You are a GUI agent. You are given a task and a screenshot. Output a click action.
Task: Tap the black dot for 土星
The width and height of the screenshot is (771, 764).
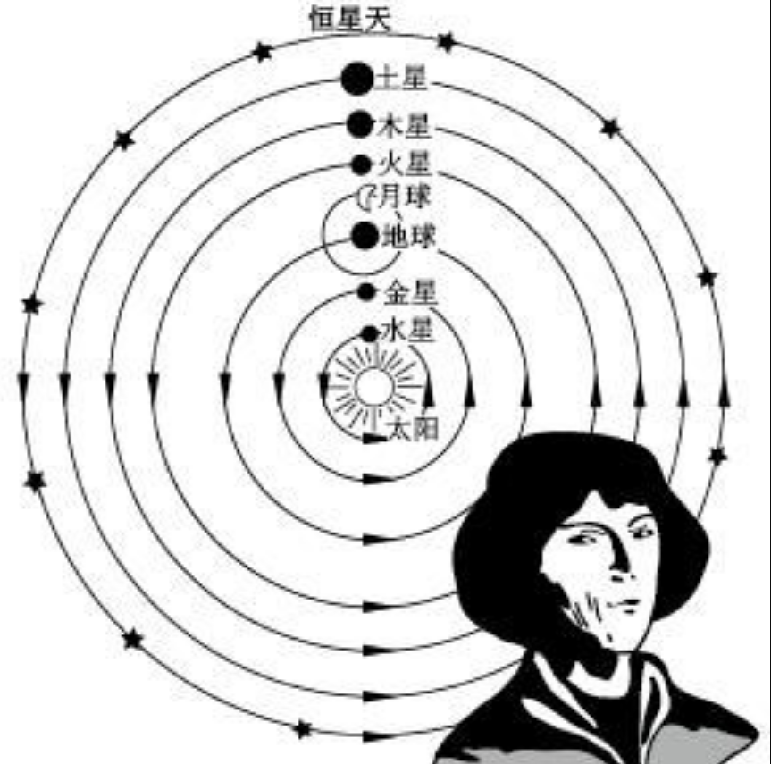(x=356, y=79)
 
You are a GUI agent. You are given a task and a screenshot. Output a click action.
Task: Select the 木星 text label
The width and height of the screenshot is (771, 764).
(x=405, y=126)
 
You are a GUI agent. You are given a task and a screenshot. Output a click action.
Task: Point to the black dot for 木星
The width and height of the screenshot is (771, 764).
(x=359, y=124)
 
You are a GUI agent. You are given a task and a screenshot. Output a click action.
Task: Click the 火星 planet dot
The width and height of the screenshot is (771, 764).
(x=360, y=164)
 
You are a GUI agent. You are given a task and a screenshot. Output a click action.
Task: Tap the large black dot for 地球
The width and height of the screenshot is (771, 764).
(x=365, y=236)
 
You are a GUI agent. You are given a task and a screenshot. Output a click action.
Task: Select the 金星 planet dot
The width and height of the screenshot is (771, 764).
(x=365, y=291)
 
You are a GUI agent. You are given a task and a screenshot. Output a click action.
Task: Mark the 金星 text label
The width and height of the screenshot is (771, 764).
(x=409, y=293)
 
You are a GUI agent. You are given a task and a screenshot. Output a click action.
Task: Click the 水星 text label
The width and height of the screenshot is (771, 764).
(x=407, y=332)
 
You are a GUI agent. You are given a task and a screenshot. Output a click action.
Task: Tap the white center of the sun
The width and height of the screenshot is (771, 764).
(x=373, y=387)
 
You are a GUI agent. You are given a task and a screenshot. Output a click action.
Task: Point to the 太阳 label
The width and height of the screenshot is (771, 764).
(x=414, y=430)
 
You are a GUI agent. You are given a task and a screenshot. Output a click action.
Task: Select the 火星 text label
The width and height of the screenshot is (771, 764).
(x=405, y=165)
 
